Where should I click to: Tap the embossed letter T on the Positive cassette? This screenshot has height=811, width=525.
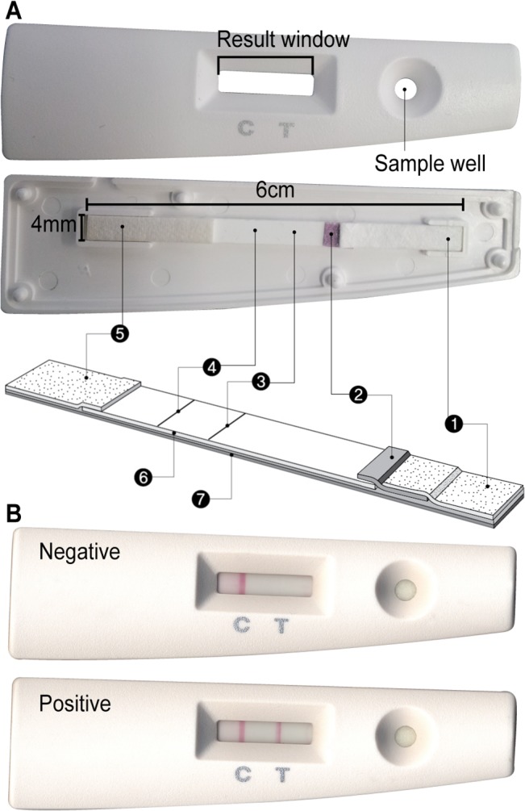tap(281, 774)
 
